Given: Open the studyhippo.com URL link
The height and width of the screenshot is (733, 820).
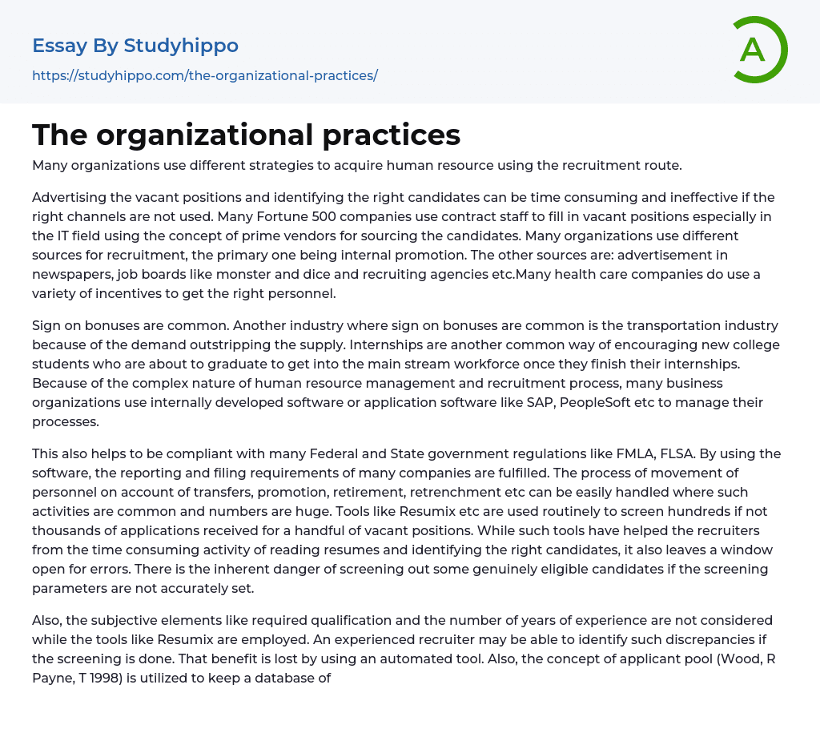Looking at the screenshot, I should pos(204,76).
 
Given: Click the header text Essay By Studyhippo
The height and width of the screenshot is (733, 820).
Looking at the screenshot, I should pos(135,46).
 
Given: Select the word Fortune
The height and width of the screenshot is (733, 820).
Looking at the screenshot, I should pos(303,216).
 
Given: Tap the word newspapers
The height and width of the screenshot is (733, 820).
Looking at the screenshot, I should pos(69,275).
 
